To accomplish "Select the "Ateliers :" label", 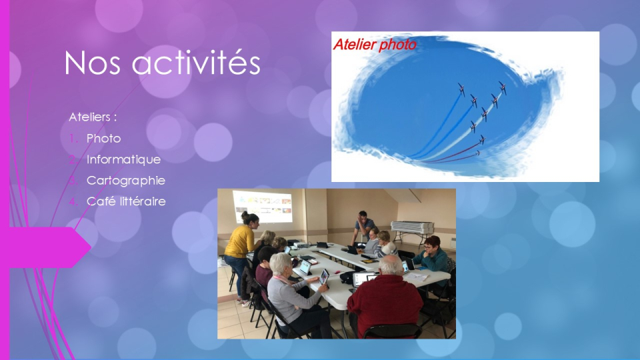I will pos(93,117).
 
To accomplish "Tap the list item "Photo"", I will pos(103,139).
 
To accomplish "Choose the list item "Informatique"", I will pos(123,159).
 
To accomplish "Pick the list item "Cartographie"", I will pos(125,180).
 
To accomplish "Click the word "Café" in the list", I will pos(98,201).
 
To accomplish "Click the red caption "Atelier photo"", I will pos(374,45).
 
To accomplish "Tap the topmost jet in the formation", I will pos(502,87).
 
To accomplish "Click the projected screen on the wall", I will pos(262,206).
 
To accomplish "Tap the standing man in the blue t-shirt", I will pos(364,226).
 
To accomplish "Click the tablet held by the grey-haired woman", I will pos(324,277).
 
